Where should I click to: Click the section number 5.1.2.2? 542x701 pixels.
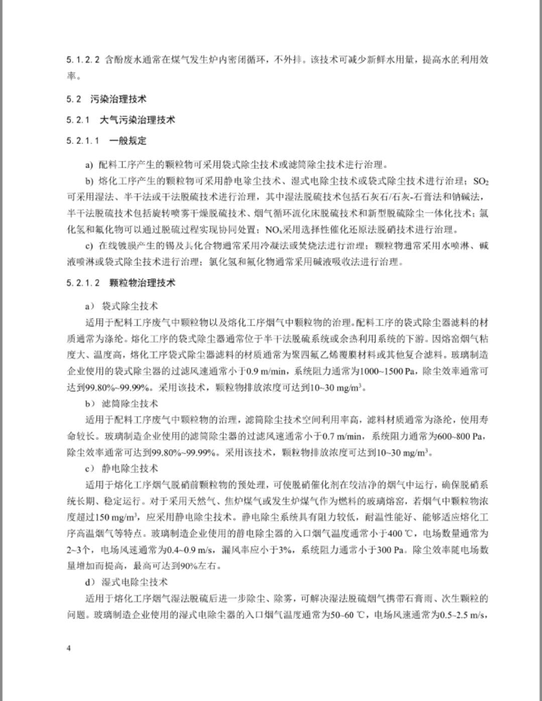[83, 60]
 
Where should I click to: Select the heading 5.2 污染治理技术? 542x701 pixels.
[106, 99]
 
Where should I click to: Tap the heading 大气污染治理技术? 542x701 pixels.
[137, 120]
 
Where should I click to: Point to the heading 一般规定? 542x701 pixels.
[128, 141]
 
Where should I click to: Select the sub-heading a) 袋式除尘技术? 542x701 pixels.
[122, 306]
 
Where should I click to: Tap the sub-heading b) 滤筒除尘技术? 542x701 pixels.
[122, 404]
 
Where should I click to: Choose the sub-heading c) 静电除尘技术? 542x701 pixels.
[122, 469]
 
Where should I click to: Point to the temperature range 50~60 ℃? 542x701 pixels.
[350, 615]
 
